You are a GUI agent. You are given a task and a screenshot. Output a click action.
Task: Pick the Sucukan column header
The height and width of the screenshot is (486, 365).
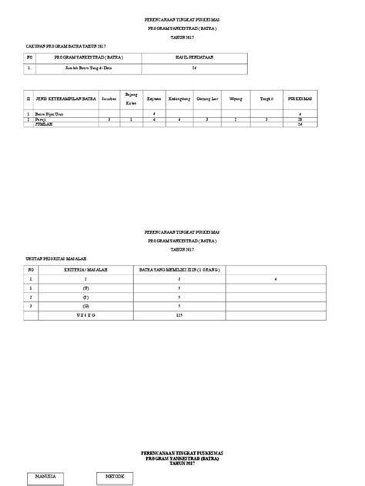108,98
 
